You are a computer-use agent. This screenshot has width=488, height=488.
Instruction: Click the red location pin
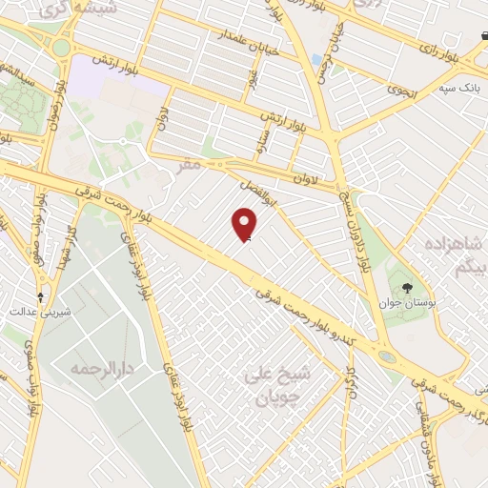coord(245,225)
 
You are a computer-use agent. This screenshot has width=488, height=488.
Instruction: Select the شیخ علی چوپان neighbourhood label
coord(273,380)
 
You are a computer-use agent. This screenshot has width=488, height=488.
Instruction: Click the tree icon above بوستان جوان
coord(406,287)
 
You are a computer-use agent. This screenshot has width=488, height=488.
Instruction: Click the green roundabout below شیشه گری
coord(62,47)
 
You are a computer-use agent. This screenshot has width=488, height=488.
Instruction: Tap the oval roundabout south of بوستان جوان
coord(388,357)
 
